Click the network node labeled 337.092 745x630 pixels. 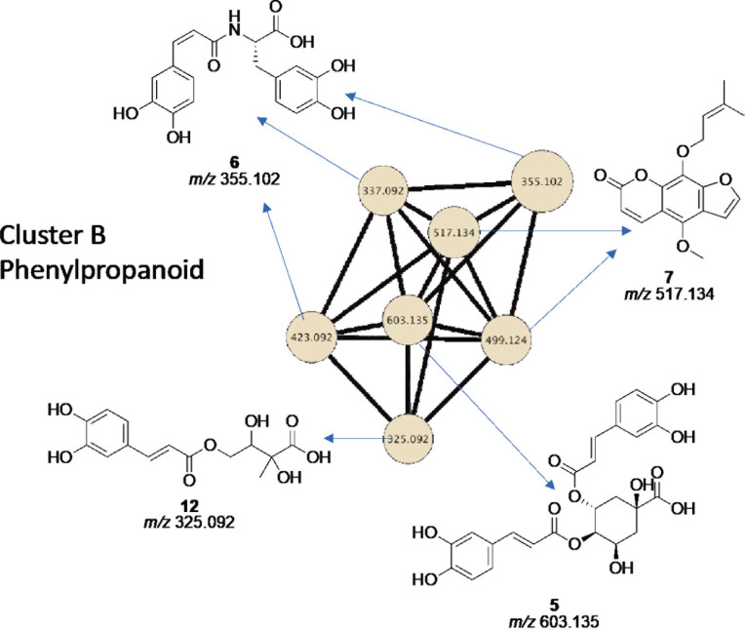[383, 190]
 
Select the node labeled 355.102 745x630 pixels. [541, 181]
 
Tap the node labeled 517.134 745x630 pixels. [453, 232]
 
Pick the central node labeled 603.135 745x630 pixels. [408, 320]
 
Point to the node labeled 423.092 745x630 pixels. [311, 337]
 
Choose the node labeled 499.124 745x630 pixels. [506, 340]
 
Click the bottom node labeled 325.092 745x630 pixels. [409, 439]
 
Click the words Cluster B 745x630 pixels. [53, 235]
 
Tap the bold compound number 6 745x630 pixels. [234, 163]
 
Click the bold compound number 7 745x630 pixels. [669, 277]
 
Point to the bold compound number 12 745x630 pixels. [189, 505]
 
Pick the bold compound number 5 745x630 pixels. [554, 605]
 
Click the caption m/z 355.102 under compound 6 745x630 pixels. [234, 179]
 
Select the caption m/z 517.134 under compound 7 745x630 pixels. [669, 295]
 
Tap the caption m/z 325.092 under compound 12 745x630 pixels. [189, 522]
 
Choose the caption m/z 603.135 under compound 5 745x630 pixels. [554, 621]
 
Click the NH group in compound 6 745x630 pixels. [234, 24]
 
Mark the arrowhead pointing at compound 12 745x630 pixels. [329, 438]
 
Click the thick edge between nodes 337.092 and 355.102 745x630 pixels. [459, 185]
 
